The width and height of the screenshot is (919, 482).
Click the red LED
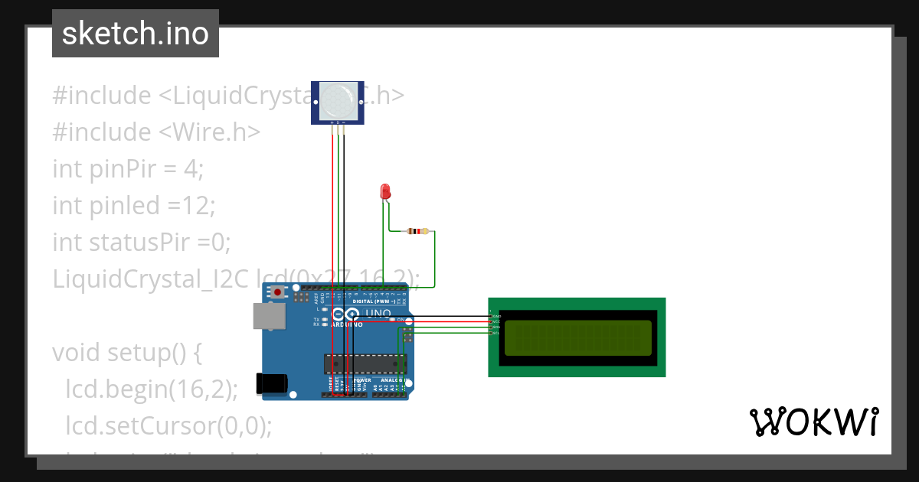pyautogui.click(x=386, y=191)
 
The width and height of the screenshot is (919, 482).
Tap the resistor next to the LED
pyautogui.click(x=418, y=231)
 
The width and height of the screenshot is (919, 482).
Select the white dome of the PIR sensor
pyautogui.click(x=338, y=99)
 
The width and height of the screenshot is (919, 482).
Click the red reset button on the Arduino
pyautogui.click(x=277, y=293)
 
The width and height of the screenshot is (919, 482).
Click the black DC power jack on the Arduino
pyautogui.click(x=273, y=383)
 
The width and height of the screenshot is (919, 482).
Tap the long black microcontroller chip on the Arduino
pyautogui.click(x=365, y=366)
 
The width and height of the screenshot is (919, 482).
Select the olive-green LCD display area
pyautogui.click(x=578, y=337)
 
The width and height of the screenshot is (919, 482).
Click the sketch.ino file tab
pyautogui.click(x=136, y=34)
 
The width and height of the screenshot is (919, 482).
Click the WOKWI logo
pyautogui.click(x=813, y=422)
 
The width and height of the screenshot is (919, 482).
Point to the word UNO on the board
pyautogui.click(x=377, y=314)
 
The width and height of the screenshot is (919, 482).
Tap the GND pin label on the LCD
pyautogui.click(x=495, y=316)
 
